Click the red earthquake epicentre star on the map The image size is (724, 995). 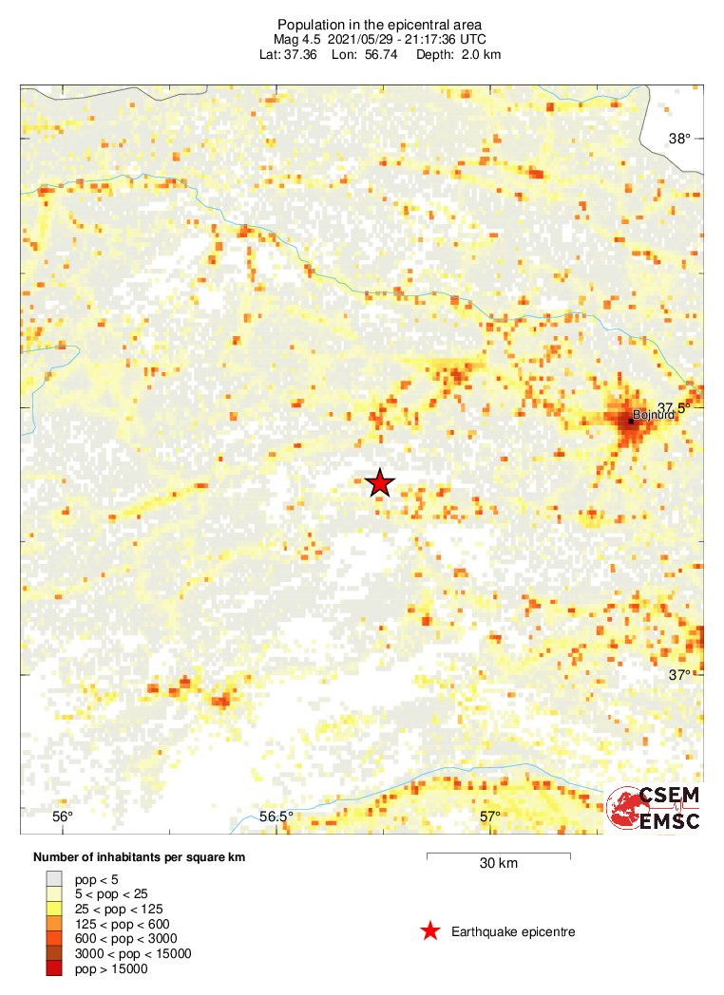(380, 483)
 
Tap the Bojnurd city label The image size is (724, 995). (654, 415)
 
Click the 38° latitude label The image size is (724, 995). (679, 139)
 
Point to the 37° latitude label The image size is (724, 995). (678, 675)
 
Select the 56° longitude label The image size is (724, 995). (62, 817)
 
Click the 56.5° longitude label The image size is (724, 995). (276, 817)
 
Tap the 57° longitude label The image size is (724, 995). (489, 817)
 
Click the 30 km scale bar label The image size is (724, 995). (498, 864)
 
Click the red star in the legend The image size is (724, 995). (430, 931)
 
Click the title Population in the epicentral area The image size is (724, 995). (361, 24)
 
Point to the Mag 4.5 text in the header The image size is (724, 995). (299, 39)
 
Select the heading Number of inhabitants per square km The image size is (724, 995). (140, 857)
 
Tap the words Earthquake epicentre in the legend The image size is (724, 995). (513, 931)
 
